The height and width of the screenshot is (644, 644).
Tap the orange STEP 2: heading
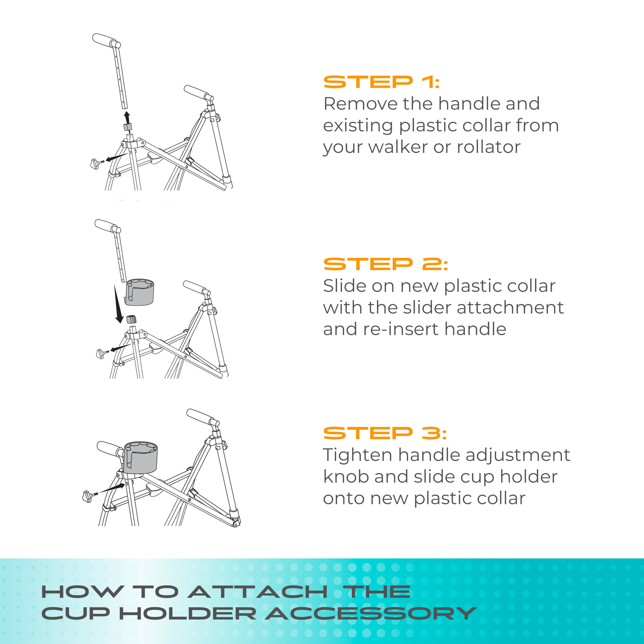pyautogui.click(x=386, y=264)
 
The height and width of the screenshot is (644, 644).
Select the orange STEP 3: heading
pyautogui.click(x=385, y=433)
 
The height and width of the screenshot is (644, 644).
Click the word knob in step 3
pyautogui.click(x=346, y=477)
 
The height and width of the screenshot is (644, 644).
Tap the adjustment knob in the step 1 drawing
pyautogui.click(x=96, y=164)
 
